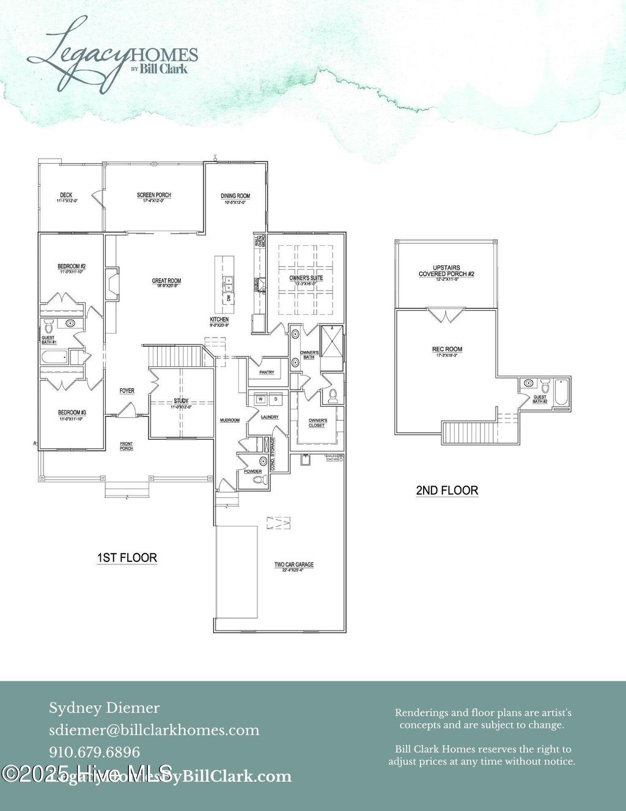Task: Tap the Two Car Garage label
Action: coord(293,565)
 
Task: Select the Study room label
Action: coord(181,401)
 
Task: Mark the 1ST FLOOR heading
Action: coord(127,558)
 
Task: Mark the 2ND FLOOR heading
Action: coord(447,491)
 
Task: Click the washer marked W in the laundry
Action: coord(260,399)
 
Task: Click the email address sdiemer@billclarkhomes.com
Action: coord(154,730)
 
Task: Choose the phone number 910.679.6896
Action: coord(95,752)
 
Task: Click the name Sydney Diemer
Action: coord(105,708)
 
